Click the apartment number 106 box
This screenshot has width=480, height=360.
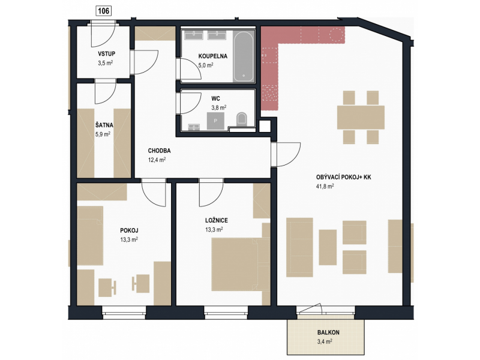[103, 11]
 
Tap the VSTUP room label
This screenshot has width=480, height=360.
[107, 53]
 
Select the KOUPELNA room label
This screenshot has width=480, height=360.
[213, 56]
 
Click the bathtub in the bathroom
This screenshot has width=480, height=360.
[244, 56]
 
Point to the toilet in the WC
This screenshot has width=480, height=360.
[242, 118]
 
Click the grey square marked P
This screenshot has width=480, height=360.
[215, 121]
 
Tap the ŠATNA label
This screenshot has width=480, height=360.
[104, 125]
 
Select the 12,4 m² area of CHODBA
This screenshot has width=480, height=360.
[157, 160]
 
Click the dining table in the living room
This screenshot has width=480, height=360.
[361, 117]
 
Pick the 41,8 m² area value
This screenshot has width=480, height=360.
[325, 186]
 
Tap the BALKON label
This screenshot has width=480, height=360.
[328, 332]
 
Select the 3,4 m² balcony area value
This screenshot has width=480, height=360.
[325, 341]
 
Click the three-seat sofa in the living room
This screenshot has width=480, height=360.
[299, 247]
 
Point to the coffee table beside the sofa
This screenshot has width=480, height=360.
[328, 247]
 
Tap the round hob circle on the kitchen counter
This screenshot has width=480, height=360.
[336, 35]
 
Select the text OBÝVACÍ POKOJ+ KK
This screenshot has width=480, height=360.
[343, 177]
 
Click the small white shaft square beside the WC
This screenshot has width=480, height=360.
[265, 126]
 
